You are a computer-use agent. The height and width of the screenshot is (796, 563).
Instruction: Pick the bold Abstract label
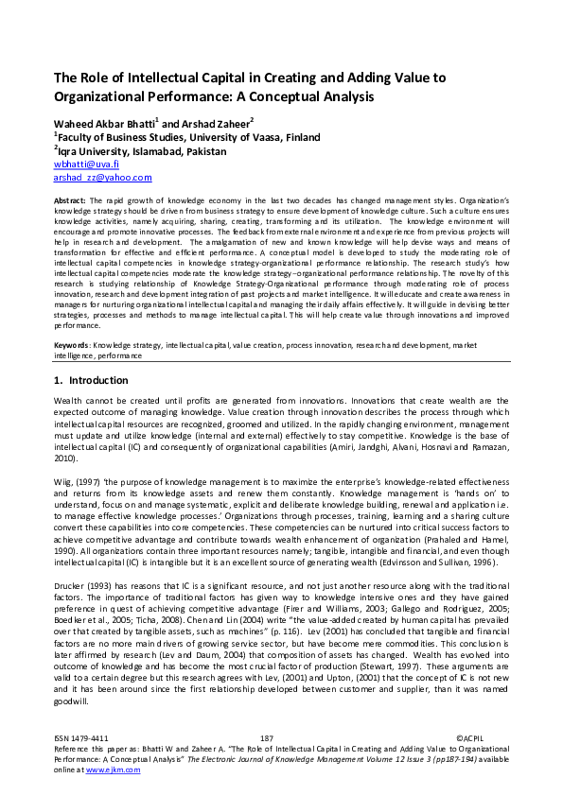[x=70, y=201]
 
